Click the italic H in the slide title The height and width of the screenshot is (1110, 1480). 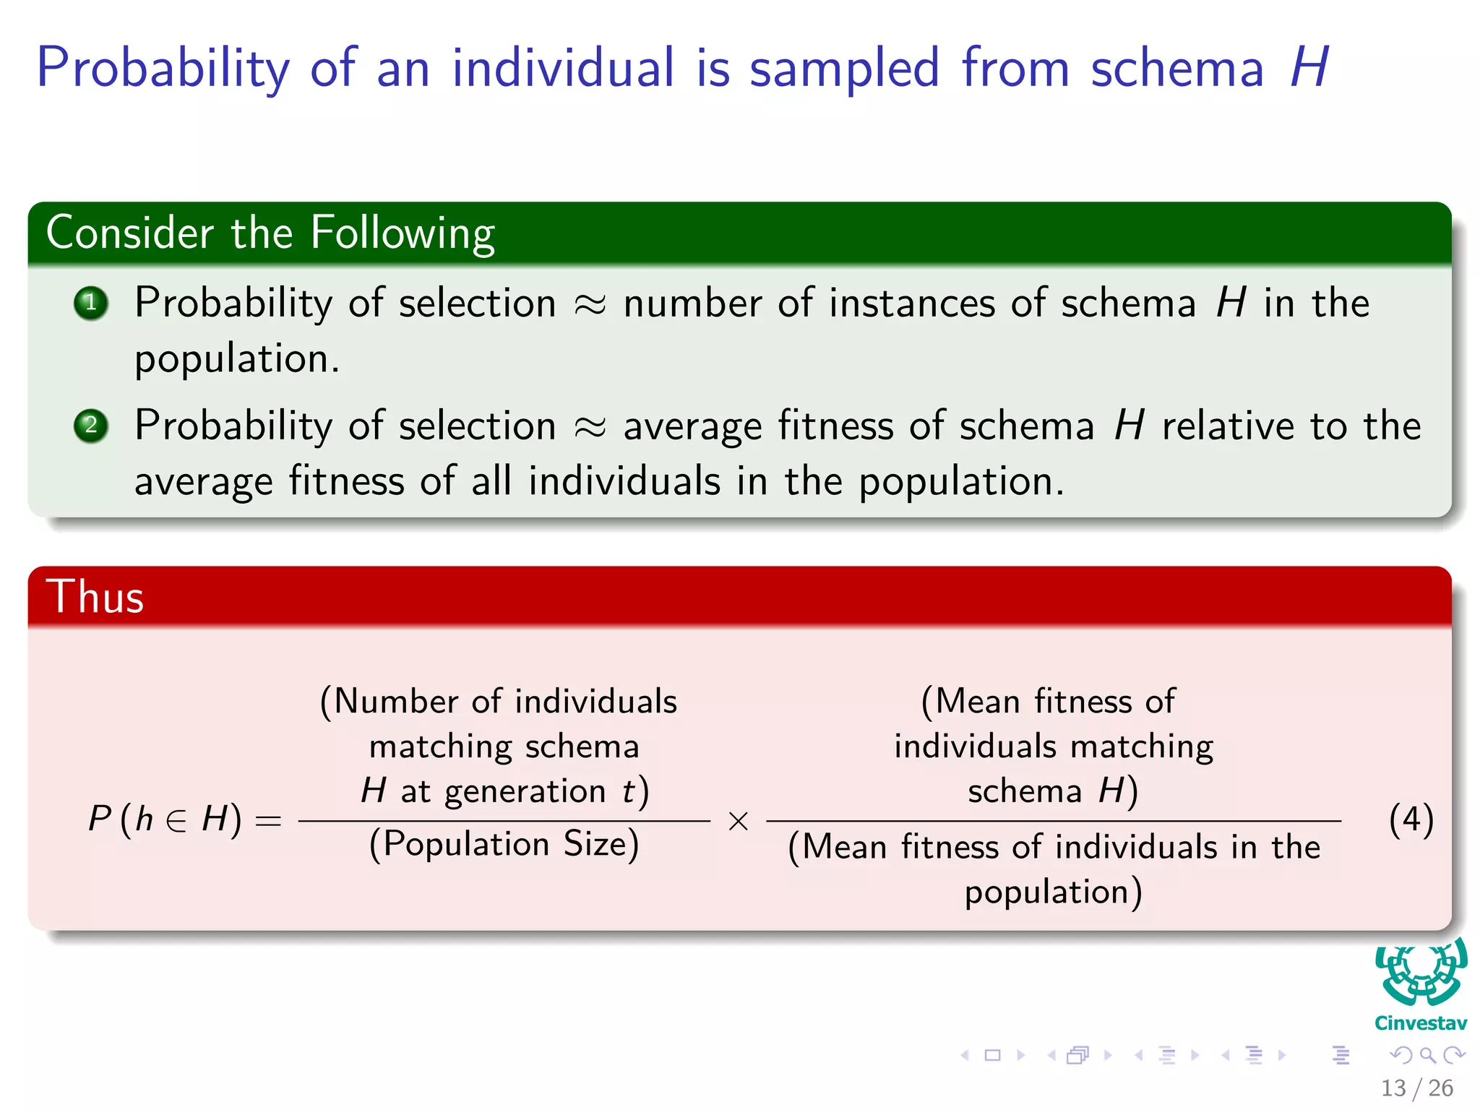pos(1309,68)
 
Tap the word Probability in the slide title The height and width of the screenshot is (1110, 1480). pos(163,69)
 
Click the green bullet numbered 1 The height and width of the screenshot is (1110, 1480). pos(91,304)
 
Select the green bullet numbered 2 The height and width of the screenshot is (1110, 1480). pos(91,426)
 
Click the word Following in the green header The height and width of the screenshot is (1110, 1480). pos(403,233)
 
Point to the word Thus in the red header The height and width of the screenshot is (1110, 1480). pos(95,598)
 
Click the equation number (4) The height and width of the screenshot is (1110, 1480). pos(1411,820)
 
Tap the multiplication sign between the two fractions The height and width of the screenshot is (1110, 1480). pos(738,822)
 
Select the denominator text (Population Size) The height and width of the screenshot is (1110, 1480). pos(504,844)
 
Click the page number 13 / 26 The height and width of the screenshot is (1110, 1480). pos(1416,1088)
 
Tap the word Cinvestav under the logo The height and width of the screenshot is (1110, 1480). pos(1421,1023)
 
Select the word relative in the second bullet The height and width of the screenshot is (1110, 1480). pos(1228,426)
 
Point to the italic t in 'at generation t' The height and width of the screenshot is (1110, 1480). pos(628,791)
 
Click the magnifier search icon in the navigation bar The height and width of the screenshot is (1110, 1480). pos(1427,1055)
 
